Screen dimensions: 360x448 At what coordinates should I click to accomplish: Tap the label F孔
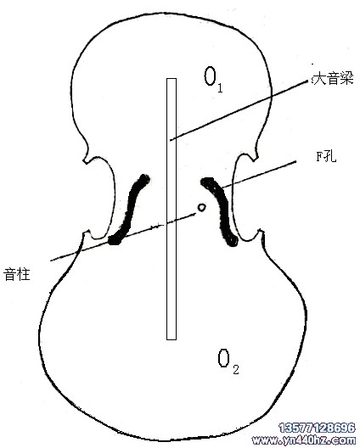(x=326, y=156)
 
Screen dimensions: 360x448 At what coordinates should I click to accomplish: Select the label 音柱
(x=17, y=274)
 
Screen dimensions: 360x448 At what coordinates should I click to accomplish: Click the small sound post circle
(x=202, y=207)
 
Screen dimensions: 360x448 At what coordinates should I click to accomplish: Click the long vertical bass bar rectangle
(x=172, y=209)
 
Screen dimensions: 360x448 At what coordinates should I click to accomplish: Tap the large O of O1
(x=210, y=76)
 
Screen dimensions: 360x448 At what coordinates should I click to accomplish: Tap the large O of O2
(x=223, y=358)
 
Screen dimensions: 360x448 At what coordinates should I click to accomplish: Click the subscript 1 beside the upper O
(x=220, y=87)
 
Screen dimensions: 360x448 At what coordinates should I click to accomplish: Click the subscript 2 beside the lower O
(x=236, y=369)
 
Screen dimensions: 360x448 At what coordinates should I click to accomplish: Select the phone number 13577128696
(x=317, y=428)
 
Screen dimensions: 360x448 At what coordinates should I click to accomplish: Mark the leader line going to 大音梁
(x=239, y=110)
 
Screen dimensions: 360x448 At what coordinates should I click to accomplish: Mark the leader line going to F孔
(x=259, y=175)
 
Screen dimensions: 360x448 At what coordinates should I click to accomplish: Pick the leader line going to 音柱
(x=123, y=237)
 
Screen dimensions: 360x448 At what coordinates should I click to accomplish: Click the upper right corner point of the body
(x=255, y=160)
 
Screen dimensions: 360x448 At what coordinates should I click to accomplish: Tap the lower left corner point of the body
(x=84, y=233)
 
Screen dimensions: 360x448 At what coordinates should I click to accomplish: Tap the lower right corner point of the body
(x=260, y=230)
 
